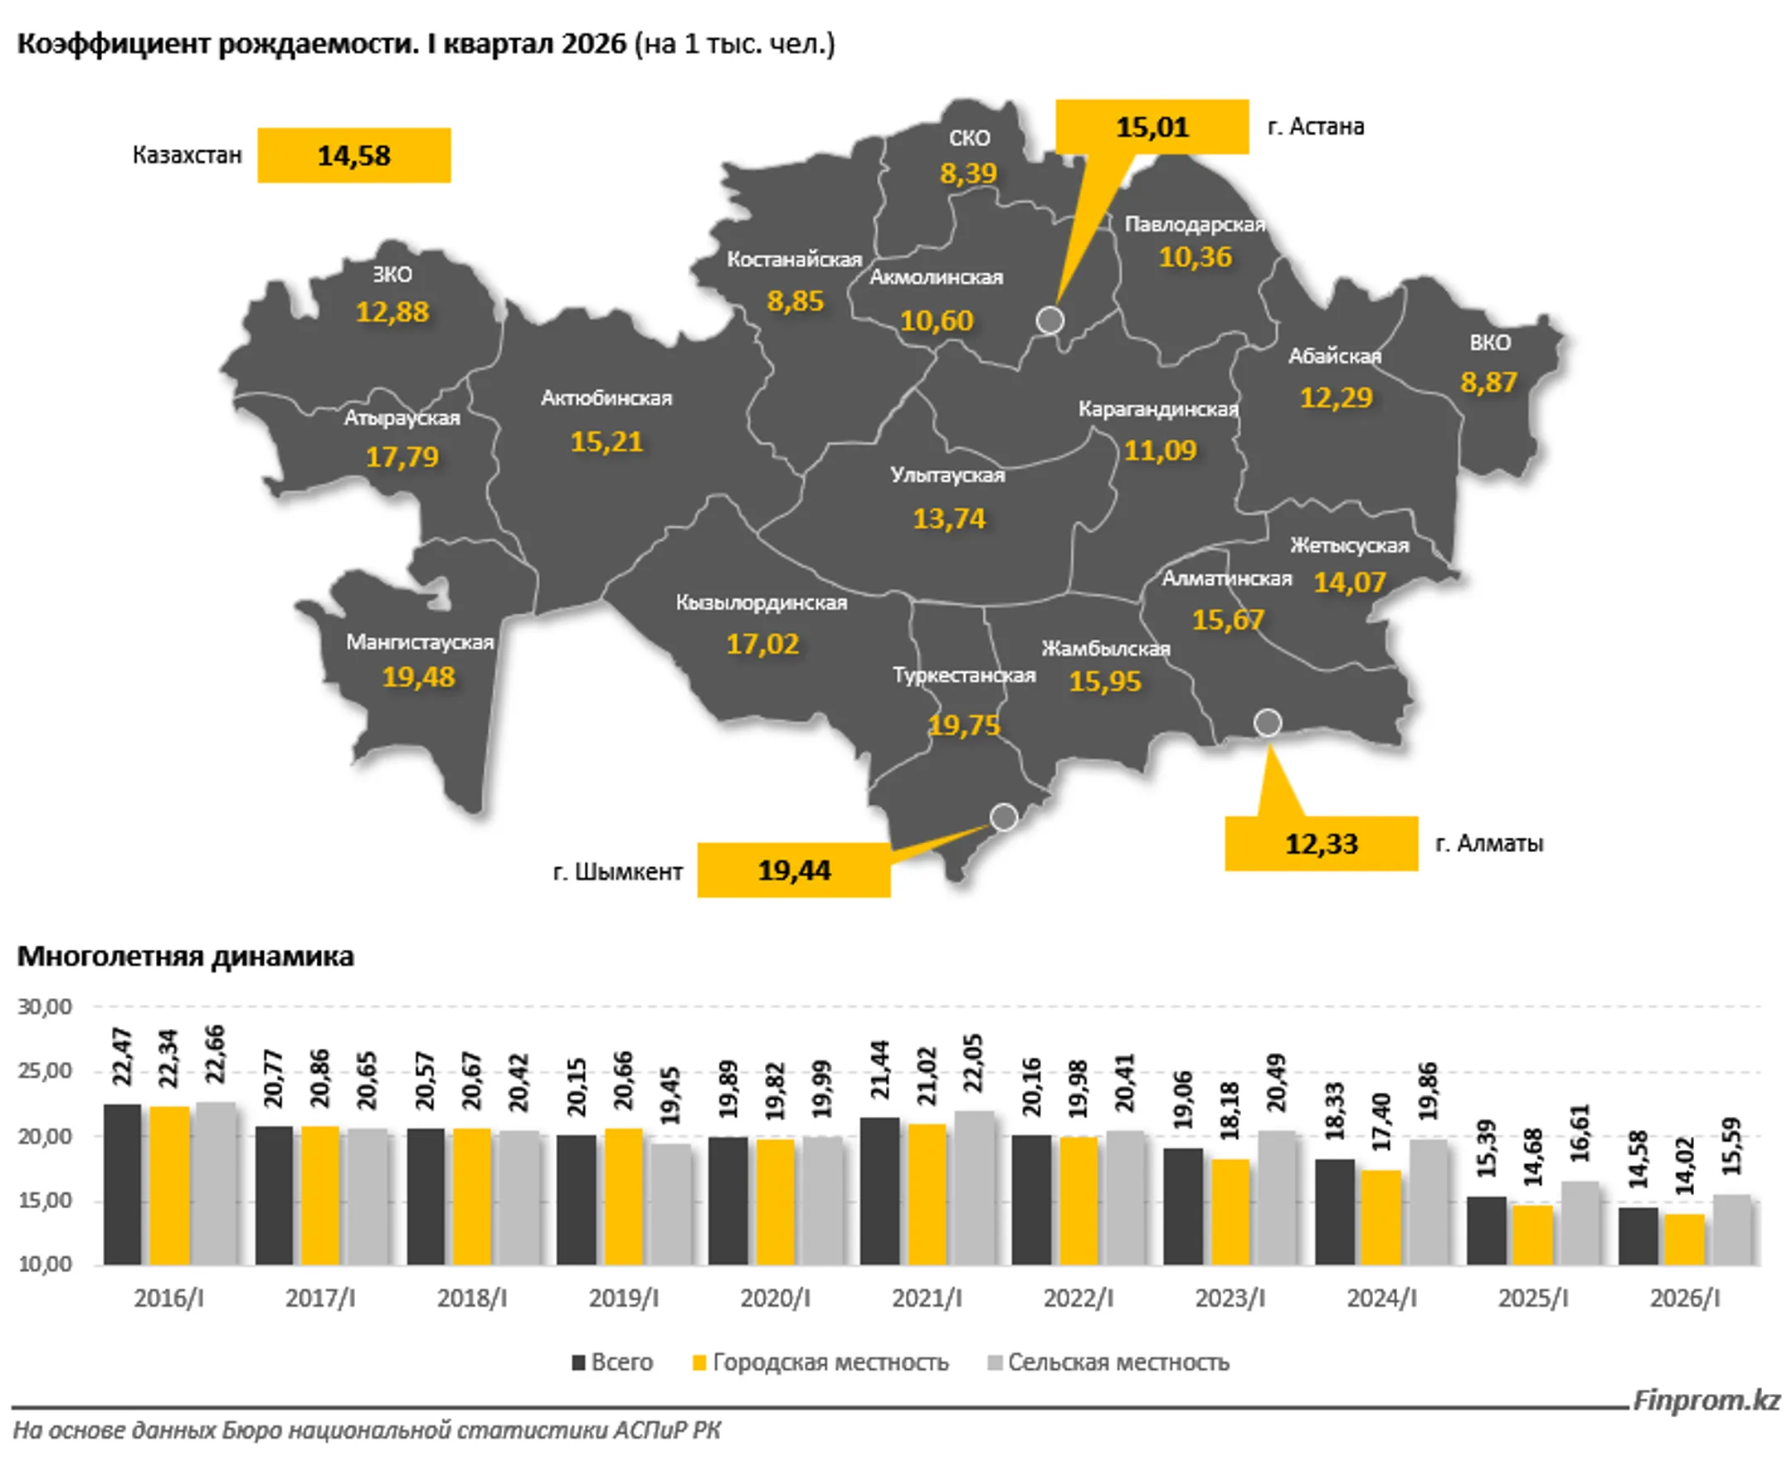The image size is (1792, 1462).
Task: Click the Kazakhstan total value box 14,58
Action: pyautogui.click(x=353, y=155)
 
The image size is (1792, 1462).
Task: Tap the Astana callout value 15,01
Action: pyautogui.click(x=1152, y=127)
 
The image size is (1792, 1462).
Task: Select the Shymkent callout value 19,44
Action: pyautogui.click(x=793, y=870)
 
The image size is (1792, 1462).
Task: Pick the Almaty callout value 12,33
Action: pyautogui.click(x=1322, y=843)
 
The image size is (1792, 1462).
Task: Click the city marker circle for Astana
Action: pyautogui.click(x=1050, y=320)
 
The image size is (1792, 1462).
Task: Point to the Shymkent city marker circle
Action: pyautogui.click(x=1004, y=816)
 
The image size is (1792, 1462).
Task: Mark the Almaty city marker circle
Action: pyautogui.click(x=1268, y=723)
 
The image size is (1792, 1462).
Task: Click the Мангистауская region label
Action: pyautogui.click(x=419, y=641)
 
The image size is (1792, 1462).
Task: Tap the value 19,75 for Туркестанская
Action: pyautogui.click(x=964, y=725)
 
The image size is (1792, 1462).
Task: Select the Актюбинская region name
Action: pyautogui.click(x=606, y=397)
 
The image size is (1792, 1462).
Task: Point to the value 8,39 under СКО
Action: pyautogui.click(x=968, y=173)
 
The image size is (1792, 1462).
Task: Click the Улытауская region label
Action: pyautogui.click(x=948, y=475)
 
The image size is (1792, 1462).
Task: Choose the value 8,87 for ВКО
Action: pyautogui.click(x=1489, y=383)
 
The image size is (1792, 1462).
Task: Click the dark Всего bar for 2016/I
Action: pyautogui.click(x=122, y=1184)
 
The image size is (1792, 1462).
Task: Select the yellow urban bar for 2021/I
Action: pyautogui.click(x=927, y=1194)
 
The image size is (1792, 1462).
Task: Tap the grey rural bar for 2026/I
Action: pyautogui.click(x=1731, y=1229)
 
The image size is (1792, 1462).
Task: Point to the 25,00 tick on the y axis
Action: pyautogui.click(x=45, y=1071)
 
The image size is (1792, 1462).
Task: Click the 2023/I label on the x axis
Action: pyautogui.click(x=1230, y=1298)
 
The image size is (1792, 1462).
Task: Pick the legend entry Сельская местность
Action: pyautogui.click(x=1108, y=1362)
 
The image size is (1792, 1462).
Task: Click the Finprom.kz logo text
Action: pyautogui.click(x=1706, y=1401)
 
